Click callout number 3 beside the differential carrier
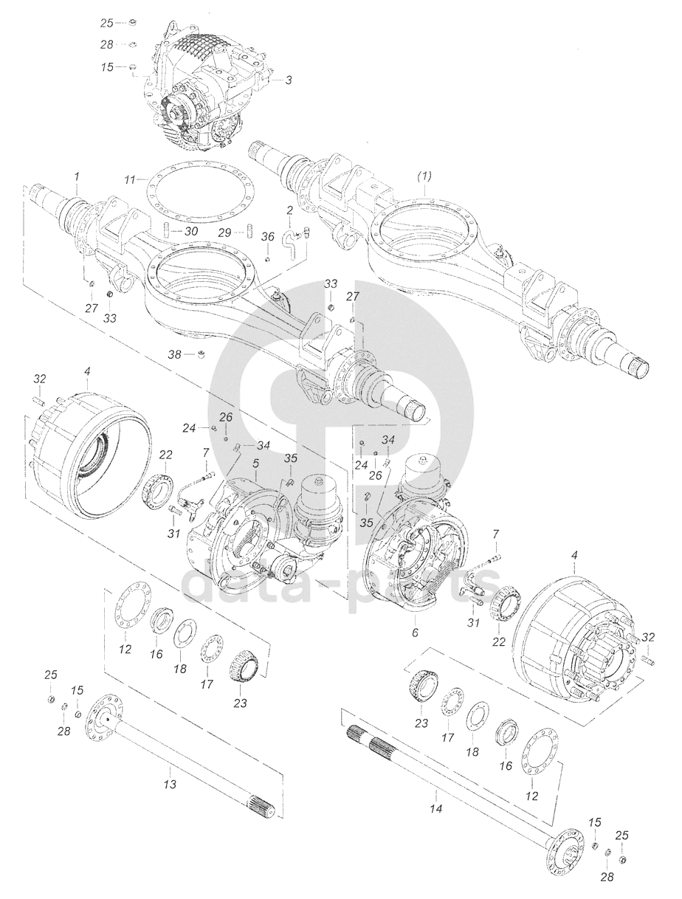pos(289,80)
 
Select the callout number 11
pos(130,179)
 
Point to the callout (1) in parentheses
pos(424,176)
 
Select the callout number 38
pos(175,354)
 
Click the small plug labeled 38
pos(201,354)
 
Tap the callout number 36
pos(267,237)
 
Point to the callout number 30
pos(191,232)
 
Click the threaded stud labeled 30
pos(167,230)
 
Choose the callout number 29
pos(225,233)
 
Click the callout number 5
pos(255,464)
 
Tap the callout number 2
pos(289,210)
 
